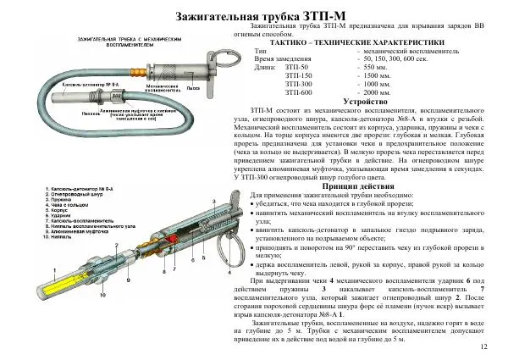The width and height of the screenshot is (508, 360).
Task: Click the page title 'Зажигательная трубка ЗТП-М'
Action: pyautogui.click(x=254, y=17)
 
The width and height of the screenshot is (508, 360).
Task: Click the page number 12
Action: pyautogui.click(x=483, y=347)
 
